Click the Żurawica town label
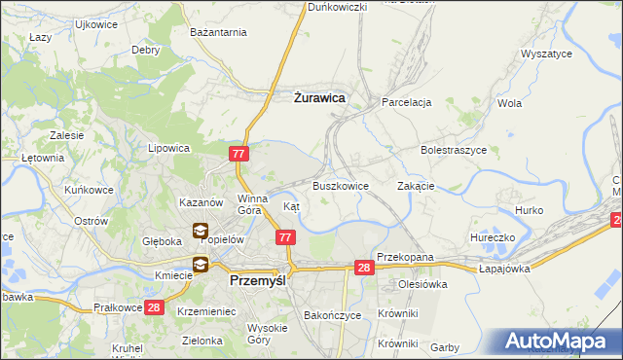tap(319, 97)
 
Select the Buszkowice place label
tap(340, 186)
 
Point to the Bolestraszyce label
tap(453, 151)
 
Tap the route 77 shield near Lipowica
tap(240, 154)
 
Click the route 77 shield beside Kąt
tap(285, 237)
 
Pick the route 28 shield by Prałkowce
tap(153, 307)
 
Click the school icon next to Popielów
tap(200, 232)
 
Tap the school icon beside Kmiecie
tap(200, 264)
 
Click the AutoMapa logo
tap(560, 342)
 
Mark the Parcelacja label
tap(407, 102)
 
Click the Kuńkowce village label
tap(85, 190)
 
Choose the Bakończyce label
tap(333, 316)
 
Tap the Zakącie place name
tap(416, 186)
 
